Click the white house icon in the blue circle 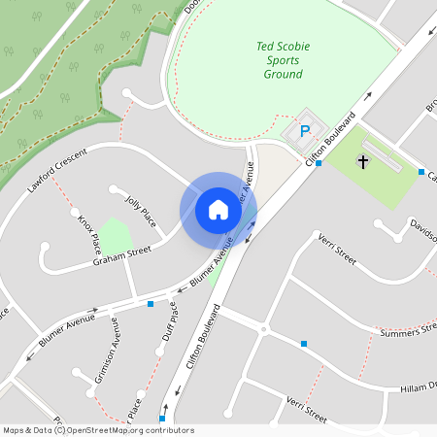point(218,209)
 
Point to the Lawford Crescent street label point(57,169)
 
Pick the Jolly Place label point(141,210)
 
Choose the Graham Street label point(122,255)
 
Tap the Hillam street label point(419,387)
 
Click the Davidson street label point(422,228)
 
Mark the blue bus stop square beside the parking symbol point(319,163)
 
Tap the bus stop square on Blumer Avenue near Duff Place point(150,304)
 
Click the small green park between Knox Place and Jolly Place point(117,235)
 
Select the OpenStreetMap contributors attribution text point(97,430)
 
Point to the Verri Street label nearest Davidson point(336,252)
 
